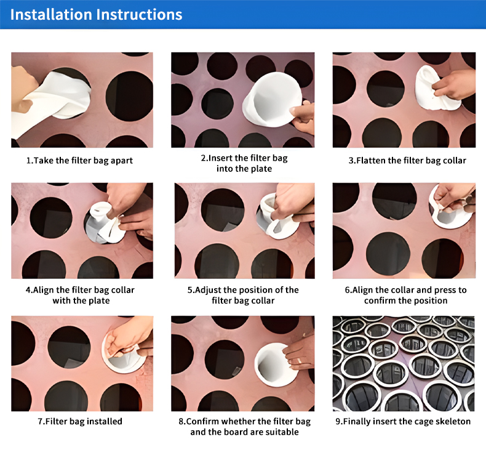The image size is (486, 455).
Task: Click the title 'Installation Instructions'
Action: (96, 15)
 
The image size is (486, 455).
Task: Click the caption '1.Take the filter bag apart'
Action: (79, 160)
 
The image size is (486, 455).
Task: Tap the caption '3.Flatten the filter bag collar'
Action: (407, 160)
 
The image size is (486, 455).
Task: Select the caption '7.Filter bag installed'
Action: (80, 421)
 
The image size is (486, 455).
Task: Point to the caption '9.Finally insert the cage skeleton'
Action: (403, 421)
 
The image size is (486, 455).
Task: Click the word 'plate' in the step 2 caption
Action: (261, 169)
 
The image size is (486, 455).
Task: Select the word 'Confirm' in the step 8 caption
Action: (203, 421)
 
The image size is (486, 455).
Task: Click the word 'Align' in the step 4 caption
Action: (44, 290)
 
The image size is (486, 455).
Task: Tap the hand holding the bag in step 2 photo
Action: (303, 118)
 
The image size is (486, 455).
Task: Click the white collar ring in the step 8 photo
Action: (273, 364)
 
